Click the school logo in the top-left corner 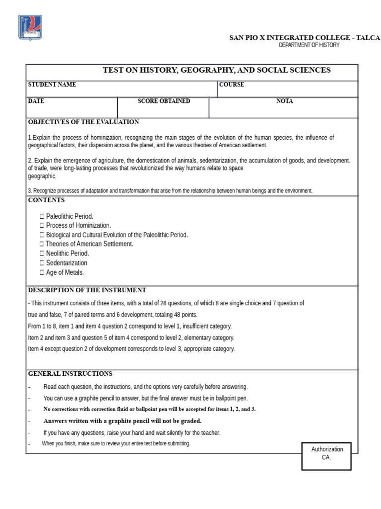coord(30,27)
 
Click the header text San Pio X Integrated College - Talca coord(304,38)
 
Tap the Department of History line coord(309,45)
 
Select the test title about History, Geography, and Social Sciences coord(216,70)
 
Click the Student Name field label coord(52,85)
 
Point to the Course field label coord(232,85)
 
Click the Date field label coord(36,101)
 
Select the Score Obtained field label coord(164,101)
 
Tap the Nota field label coord(284,101)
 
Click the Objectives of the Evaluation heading coord(83,122)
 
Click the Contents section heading coord(46,200)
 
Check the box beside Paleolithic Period coord(42,216)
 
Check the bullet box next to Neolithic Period coord(42,254)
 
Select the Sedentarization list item coord(66,263)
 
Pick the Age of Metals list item coord(65,272)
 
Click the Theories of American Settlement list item coord(89,244)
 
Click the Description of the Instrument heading coord(87,290)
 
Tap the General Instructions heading coord(70,374)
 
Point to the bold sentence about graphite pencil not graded coord(122,421)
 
